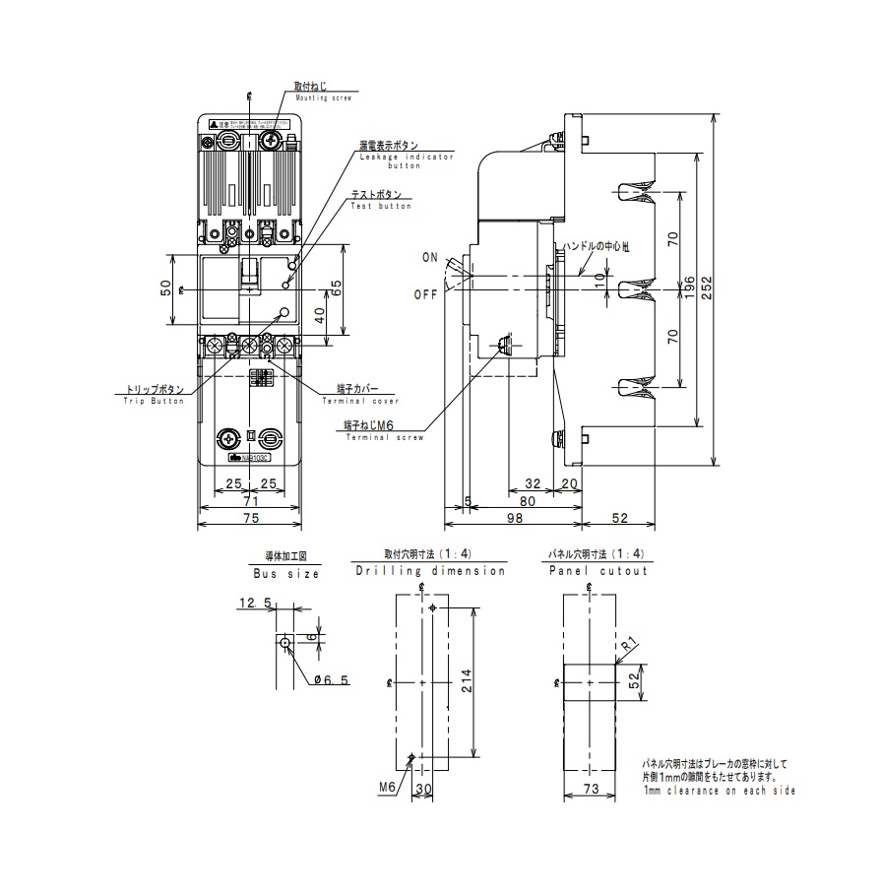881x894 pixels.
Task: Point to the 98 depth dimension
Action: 523,518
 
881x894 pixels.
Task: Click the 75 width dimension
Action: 250,518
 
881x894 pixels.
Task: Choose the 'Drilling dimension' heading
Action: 430,571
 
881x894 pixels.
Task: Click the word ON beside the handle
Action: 430,257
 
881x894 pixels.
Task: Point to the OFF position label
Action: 426,294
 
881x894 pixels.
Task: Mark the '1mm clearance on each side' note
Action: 720,791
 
